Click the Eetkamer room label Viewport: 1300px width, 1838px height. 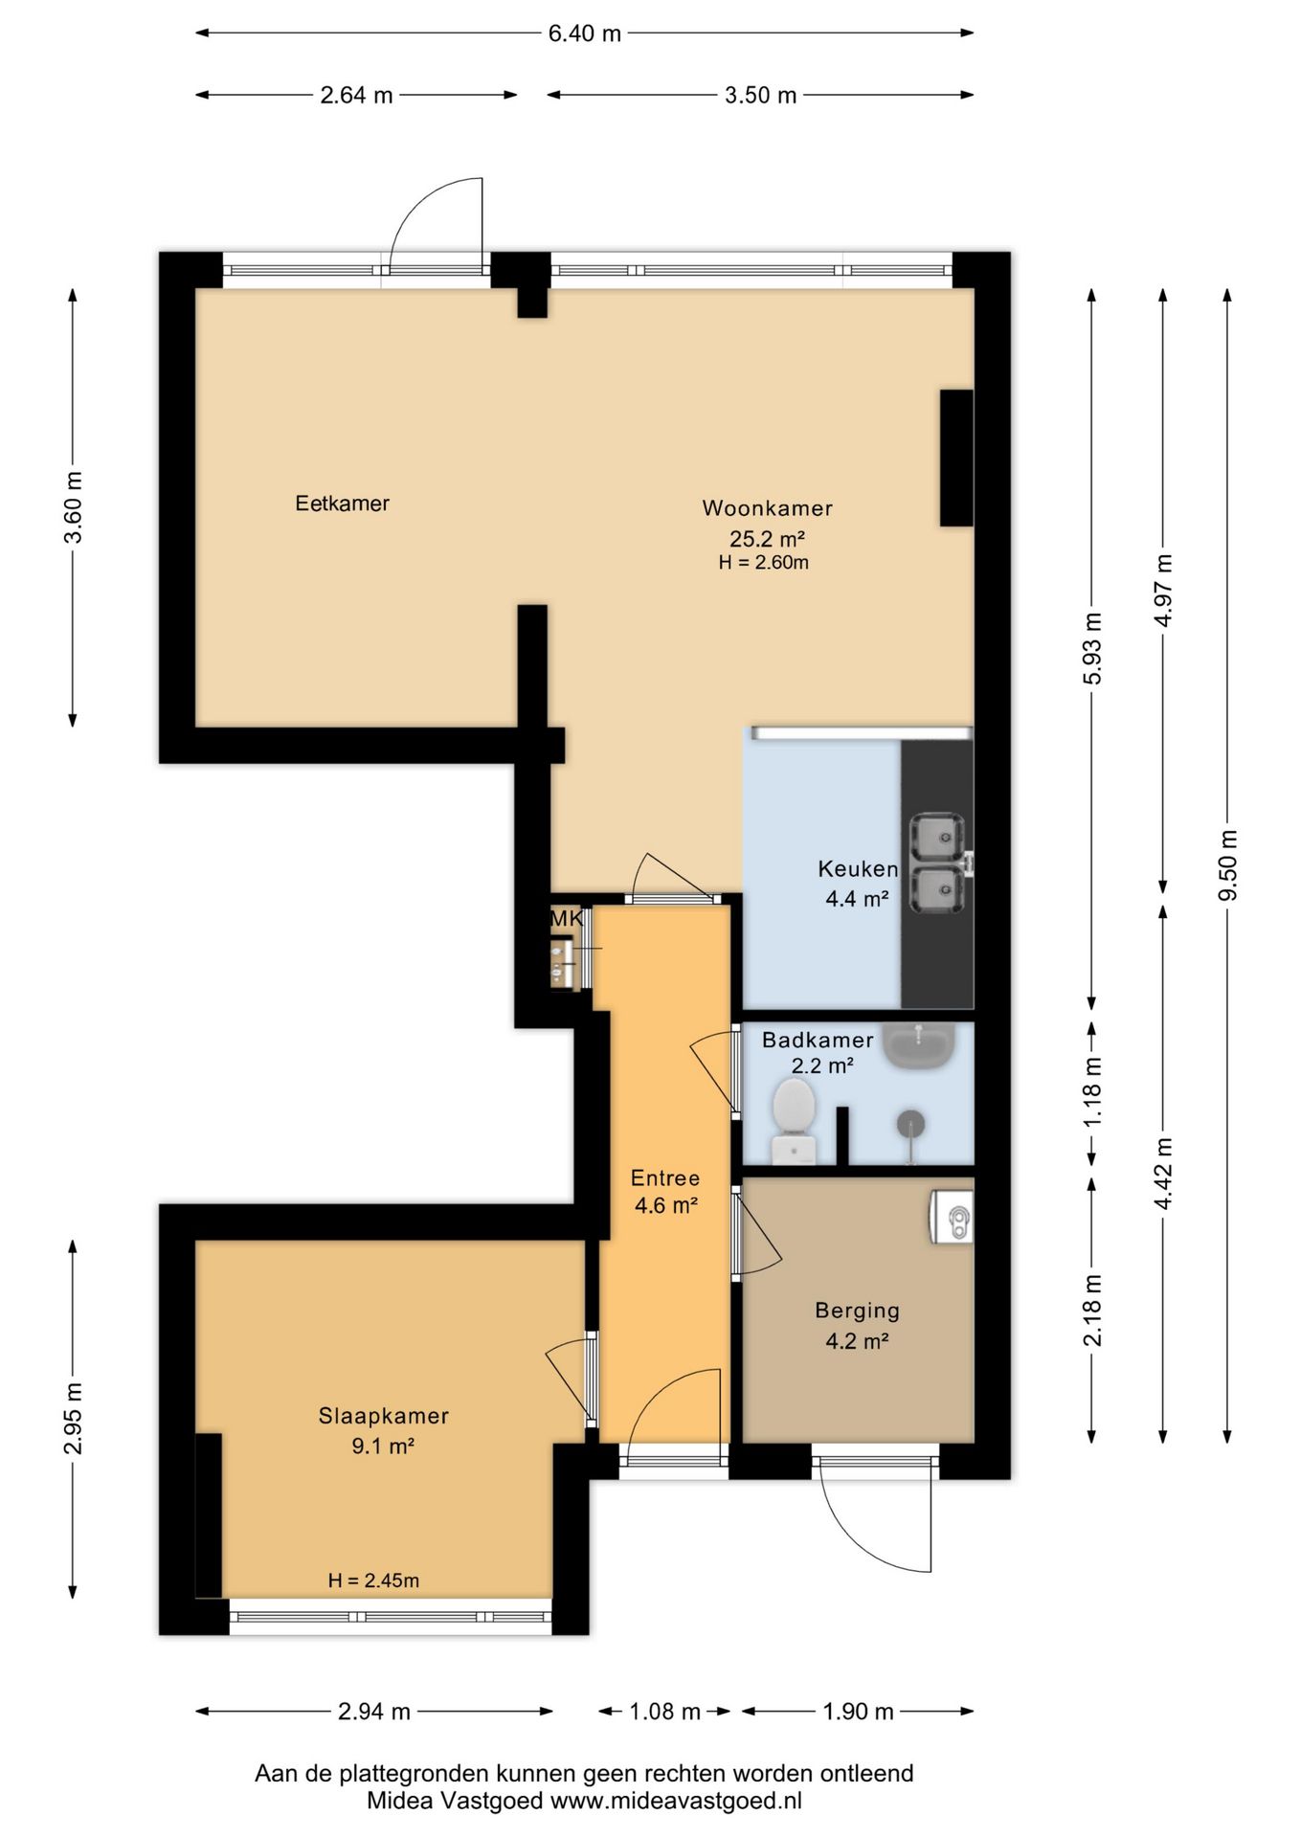click(x=342, y=504)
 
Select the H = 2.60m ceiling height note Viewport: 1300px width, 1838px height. click(x=764, y=563)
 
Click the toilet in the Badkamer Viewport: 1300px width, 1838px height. click(x=794, y=1120)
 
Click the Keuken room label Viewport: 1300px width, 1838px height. click(x=858, y=869)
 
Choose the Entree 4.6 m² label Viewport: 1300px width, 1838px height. click(x=665, y=1192)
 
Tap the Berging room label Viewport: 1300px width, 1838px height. click(x=857, y=1311)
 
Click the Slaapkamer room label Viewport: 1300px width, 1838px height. click(x=383, y=1416)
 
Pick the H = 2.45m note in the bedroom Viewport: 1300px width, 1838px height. click(x=373, y=1580)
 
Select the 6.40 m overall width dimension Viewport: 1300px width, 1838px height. click(x=585, y=34)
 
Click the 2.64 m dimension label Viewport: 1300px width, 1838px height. click(x=356, y=95)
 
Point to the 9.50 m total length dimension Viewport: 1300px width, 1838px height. click(x=1227, y=865)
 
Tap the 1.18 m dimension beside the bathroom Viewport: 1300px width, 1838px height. click(x=1092, y=1091)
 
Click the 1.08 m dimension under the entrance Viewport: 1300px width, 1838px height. click(x=664, y=1711)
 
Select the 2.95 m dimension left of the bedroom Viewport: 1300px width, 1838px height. click(x=73, y=1420)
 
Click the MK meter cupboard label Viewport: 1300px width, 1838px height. click(x=566, y=919)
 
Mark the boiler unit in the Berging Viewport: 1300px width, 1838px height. click(x=950, y=1217)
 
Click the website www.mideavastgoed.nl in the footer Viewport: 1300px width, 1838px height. click(x=676, y=1801)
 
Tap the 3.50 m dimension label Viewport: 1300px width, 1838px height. click(x=760, y=95)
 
